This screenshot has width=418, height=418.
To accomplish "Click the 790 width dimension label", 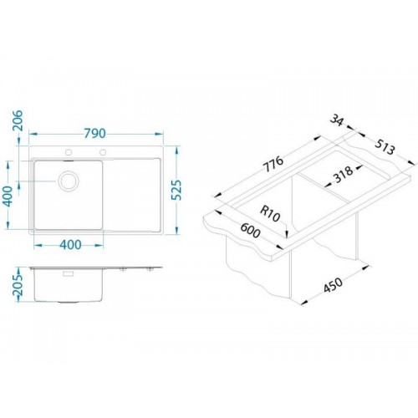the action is tap(94, 134).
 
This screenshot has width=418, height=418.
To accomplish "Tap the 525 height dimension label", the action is tap(176, 190).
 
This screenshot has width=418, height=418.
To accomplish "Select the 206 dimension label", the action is tap(17, 120).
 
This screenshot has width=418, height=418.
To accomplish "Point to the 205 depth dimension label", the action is tap(18, 285).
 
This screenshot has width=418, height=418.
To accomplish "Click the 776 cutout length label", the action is tap(273, 164).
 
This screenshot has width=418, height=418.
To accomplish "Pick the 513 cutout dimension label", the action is tap(385, 147).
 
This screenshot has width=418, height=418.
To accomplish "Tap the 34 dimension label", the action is tap(337, 120).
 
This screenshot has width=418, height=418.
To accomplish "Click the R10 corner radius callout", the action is tap(270, 214).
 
